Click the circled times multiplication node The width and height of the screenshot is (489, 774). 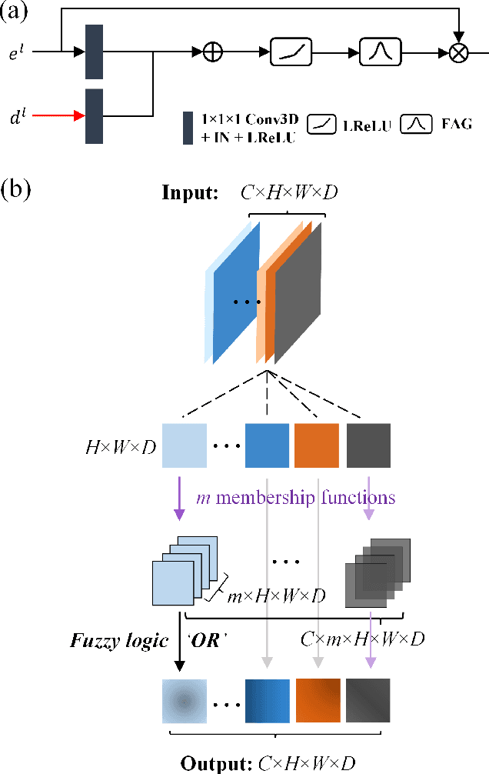(458, 53)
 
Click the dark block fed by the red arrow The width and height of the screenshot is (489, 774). (95, 116)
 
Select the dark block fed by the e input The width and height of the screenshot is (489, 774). (95, 52)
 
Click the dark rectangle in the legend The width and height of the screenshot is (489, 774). (188, 128)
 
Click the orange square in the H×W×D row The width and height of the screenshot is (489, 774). (316, 445)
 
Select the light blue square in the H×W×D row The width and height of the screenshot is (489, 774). (185, 445)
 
